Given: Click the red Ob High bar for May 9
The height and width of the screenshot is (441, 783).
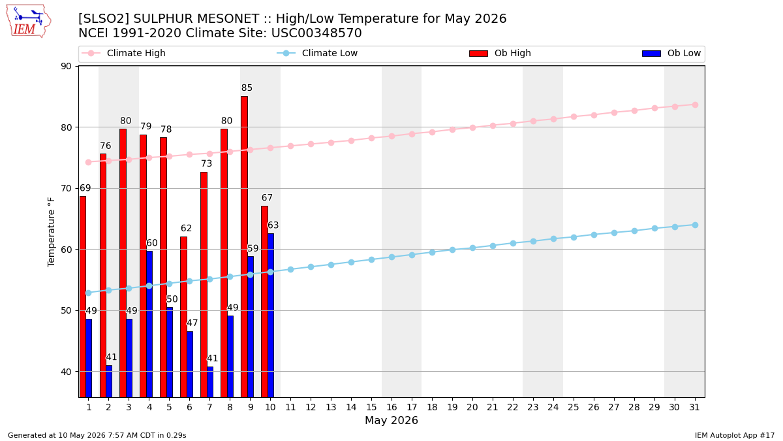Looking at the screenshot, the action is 244,247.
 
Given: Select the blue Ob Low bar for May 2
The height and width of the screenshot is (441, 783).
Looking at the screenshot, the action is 109,382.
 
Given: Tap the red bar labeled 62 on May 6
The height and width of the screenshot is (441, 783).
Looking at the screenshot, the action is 183,317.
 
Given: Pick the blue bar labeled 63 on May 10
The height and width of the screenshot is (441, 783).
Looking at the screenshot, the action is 271,316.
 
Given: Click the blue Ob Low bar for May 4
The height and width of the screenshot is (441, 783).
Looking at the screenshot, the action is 149,324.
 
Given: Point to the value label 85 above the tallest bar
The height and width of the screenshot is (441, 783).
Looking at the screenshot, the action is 247,88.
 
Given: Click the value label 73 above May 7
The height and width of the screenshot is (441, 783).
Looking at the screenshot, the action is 206,163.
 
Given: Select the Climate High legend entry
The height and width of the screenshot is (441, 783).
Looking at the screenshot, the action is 123,53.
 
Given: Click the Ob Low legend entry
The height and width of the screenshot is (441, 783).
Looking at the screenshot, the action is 671,53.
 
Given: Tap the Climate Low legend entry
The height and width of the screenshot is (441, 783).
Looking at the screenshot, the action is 317,53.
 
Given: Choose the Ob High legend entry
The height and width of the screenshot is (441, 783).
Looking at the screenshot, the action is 500,53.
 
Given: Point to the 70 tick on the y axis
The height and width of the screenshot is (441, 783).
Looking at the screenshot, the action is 66,189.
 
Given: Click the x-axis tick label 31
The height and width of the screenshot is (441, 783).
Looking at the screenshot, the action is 694,408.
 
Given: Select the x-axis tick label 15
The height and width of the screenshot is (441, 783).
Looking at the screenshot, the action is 371,408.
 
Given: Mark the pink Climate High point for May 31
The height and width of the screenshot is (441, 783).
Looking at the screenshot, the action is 695,105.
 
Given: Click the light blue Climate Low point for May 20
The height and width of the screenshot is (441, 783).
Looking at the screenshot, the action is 472,248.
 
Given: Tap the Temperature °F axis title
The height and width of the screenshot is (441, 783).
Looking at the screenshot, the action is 51,233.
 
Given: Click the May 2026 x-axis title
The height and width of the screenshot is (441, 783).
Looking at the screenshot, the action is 391,420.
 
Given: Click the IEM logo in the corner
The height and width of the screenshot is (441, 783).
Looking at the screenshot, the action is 29,22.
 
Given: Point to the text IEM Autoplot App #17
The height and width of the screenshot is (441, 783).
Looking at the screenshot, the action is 735,435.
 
